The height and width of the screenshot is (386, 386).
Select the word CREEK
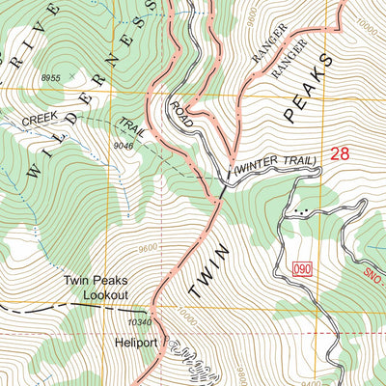pos(45,123)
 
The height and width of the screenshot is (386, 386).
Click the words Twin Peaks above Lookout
pos(96,281)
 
